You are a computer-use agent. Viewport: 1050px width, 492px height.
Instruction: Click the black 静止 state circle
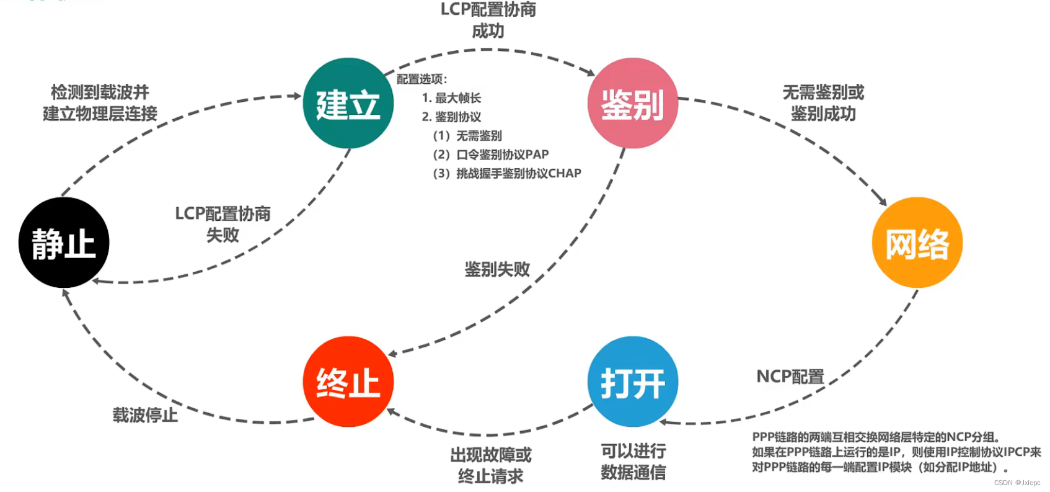[64, 243]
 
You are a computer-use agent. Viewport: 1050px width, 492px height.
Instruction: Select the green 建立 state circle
[348, 104]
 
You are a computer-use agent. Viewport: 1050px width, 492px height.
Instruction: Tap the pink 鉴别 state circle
[632, 104]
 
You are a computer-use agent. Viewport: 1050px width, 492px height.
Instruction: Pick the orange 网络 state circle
[917, 243]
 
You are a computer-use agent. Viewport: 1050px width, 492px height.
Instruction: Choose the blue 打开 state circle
[632, 382]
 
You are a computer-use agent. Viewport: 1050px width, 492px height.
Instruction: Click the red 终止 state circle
[348, 382]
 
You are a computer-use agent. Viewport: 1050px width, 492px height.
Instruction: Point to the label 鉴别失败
[497, 269]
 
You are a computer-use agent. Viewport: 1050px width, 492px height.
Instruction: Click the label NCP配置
[790, 377]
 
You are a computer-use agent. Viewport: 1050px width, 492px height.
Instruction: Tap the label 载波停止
[145, 415]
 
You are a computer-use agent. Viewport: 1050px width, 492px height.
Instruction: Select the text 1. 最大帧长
[451, 98]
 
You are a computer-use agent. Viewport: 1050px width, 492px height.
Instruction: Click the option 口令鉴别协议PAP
[502, 154]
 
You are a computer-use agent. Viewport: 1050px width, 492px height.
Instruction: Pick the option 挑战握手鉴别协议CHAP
[518, 173]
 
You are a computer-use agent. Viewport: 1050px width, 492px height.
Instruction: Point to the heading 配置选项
[421, 79]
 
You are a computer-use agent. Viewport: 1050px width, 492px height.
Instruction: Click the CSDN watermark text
[1017, 483]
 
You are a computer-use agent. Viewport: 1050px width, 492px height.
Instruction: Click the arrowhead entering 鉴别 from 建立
[590, 73]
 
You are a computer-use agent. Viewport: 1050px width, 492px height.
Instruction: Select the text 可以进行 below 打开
[633, 451]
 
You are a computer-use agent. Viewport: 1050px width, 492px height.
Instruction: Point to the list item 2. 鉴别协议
[451, 117]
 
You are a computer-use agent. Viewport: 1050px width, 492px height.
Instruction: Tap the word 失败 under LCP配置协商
[223, 235]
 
